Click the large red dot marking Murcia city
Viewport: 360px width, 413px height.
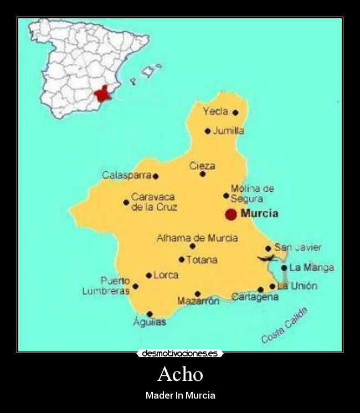pos(231,214)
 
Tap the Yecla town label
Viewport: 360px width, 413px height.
pos(215,111)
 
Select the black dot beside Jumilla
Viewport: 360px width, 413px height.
pos(208,131)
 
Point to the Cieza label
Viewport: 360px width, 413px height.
pos(202,166)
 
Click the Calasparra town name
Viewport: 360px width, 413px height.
pos(127,175)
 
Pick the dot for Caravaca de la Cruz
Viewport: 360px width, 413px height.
pos(126,202)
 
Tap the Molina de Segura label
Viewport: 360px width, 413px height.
pos(252,193)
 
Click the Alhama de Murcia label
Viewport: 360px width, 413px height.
pos(197,238)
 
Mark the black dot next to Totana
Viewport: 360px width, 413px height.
pos(182,259)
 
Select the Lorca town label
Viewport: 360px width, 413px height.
pos(166,274)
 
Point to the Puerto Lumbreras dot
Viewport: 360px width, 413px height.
pos(135,287)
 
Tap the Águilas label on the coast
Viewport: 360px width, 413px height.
pos(150,322)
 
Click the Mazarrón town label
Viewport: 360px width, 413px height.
pos(198,302)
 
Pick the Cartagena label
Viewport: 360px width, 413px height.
pos(255,297)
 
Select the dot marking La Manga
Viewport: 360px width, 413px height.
pos(284,268)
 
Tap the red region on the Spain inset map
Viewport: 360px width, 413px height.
pos(102,93)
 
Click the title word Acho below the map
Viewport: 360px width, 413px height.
pos(180,374)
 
